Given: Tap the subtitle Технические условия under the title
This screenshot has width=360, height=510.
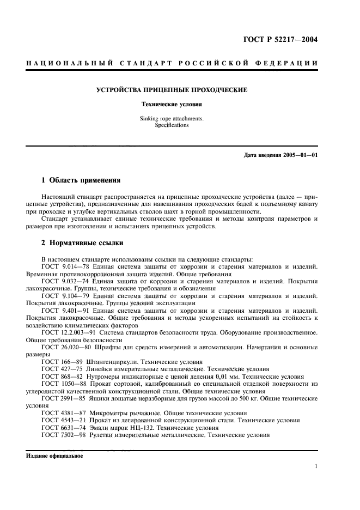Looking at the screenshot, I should (x=172, y=104).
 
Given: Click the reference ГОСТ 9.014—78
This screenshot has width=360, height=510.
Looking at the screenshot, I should (x=63, y=267).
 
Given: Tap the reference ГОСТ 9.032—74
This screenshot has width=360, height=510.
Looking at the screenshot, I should (x=63, y=281).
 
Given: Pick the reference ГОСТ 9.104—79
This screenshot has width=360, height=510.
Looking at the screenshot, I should (x=63, y=295).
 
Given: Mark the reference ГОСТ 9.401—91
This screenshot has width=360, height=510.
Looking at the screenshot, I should (x=63, y=310).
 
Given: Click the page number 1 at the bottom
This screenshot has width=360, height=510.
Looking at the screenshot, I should (x=316, y=467).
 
